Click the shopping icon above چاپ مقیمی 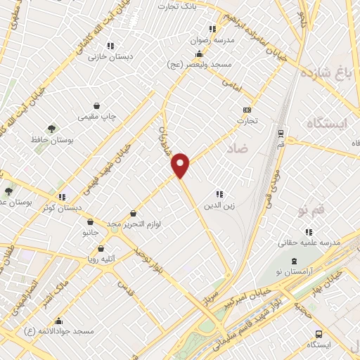pyautogui.click(x=96, y=105)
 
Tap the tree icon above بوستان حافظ pyautogui.click(x=51, y=129)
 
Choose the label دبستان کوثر pyautogui.click(x=61, y=208)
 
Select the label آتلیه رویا pyautogui.click(x=102, y=258)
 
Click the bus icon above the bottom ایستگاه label pyautogui.click(x=319, y=335)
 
